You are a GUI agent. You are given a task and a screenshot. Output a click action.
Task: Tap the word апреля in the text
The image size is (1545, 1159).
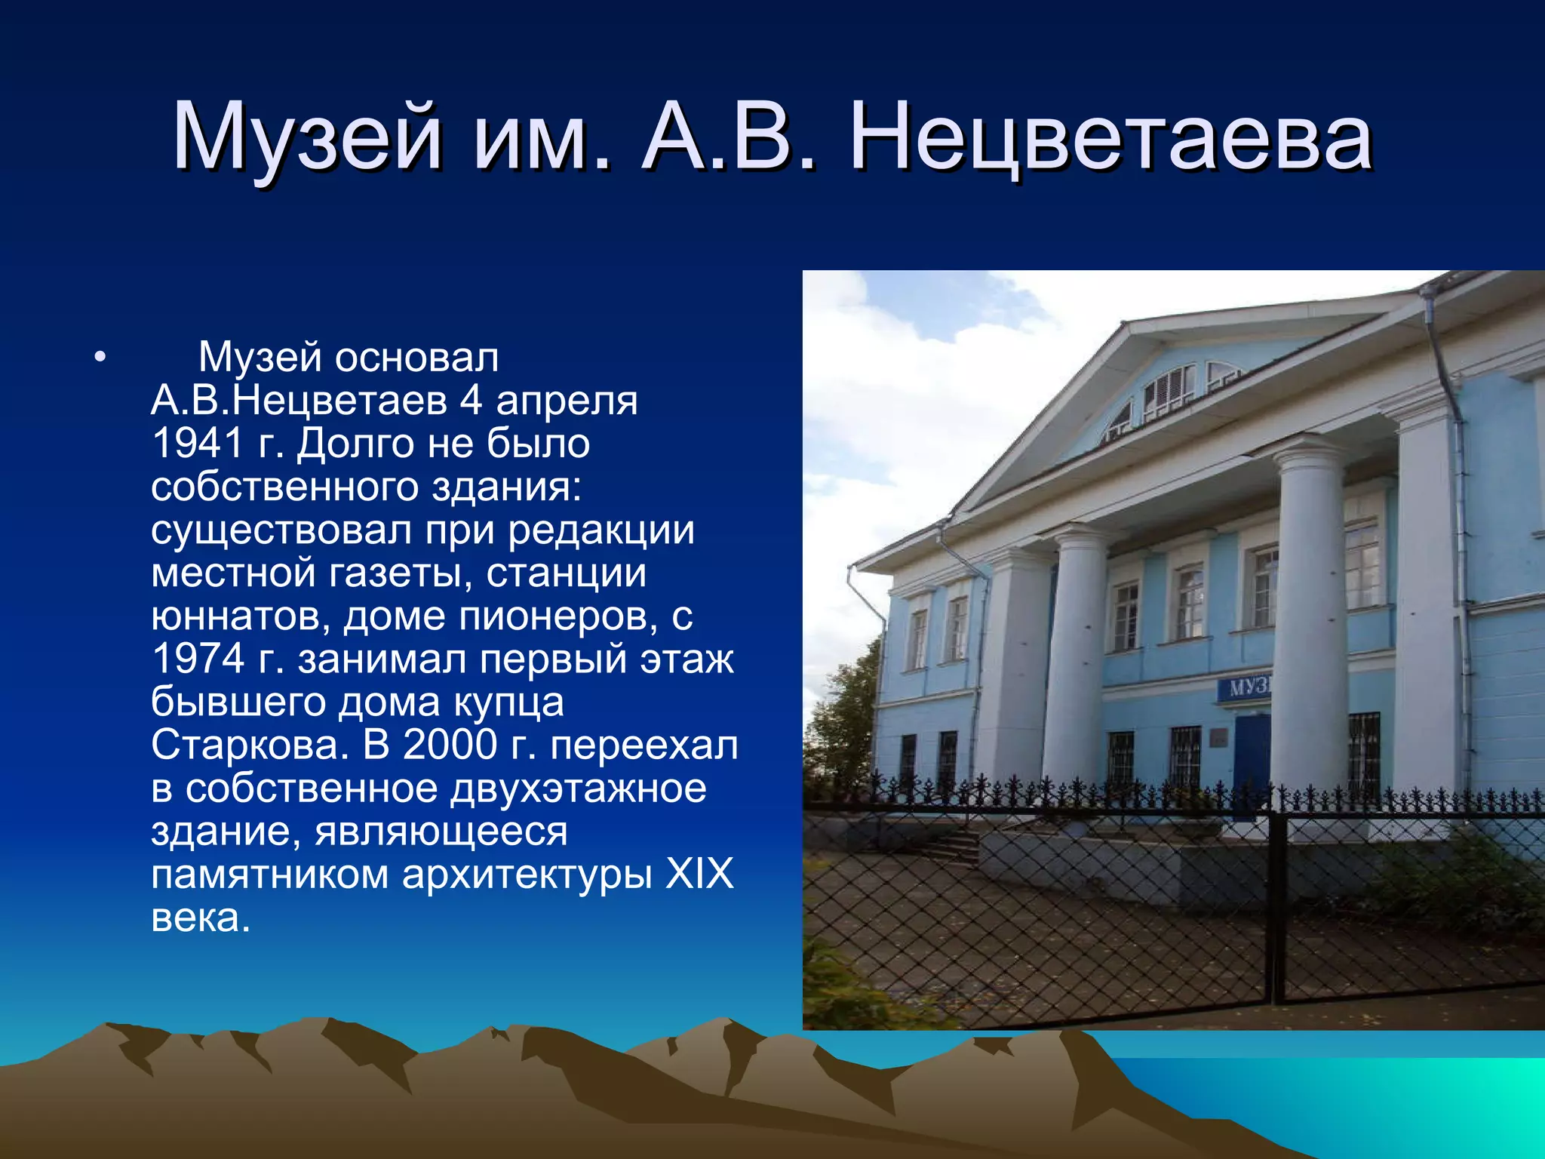click(567, 401)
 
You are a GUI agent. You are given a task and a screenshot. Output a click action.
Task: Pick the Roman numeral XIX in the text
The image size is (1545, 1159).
click(699, 875)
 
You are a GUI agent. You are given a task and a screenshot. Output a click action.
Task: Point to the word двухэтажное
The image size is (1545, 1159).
click(578, 789)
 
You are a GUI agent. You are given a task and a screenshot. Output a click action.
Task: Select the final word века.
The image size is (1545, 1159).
click(200, 918)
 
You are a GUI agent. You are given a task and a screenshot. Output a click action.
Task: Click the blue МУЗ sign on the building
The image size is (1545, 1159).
click(1245, 688)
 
